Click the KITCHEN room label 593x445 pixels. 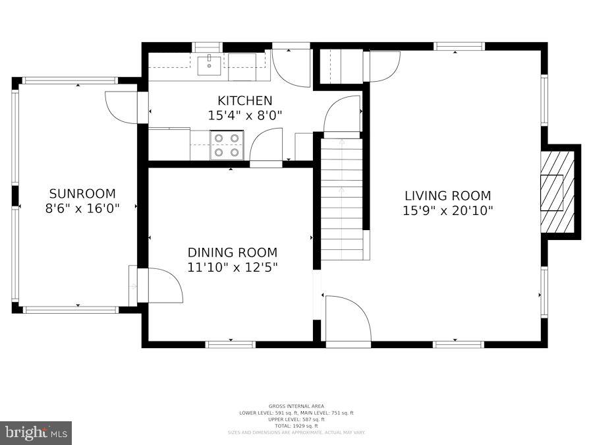click(x=244, y=101)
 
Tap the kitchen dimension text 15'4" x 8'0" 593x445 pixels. click(x=244, y=115)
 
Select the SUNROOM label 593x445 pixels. click(x=82, y=194)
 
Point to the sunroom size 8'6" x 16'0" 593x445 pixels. click(x=82, y=208)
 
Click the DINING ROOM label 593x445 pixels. click(x=233, y=252)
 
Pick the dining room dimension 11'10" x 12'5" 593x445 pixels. click(x=233, y=267)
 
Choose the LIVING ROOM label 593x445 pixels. click(x=447, y=196)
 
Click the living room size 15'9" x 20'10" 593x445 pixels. click(x=447, y=210)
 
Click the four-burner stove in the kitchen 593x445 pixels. click(x=227, y=145)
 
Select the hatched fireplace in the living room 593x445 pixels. click(x=557, y=192)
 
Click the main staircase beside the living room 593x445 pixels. click(x=342, y=198)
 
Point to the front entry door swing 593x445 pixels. click(x=347, y=320)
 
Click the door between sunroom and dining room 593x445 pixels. click(x=161, y=285)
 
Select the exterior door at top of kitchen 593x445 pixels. click(x=291, y=66)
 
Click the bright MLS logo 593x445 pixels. click(x=36, y=433)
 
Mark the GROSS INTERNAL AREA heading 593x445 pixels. click(x=296, y=406)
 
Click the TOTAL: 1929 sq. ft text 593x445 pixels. click(x=296, y=426)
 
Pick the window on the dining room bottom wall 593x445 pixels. click(x=231, y=344)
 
